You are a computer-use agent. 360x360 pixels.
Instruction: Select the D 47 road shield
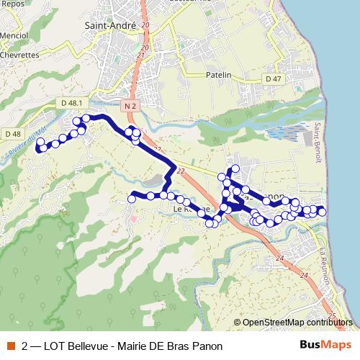(273, 78)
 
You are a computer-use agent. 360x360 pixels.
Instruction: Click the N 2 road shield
(130, 106)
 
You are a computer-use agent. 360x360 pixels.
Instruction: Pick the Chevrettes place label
(19, 54)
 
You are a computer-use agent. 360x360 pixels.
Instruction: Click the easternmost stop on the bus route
(322, 211)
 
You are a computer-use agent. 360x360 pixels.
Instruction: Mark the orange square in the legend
(10, 346)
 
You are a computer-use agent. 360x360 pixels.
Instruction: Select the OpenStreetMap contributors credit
(297, 323)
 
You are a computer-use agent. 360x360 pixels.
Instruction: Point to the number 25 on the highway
(330, 316)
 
